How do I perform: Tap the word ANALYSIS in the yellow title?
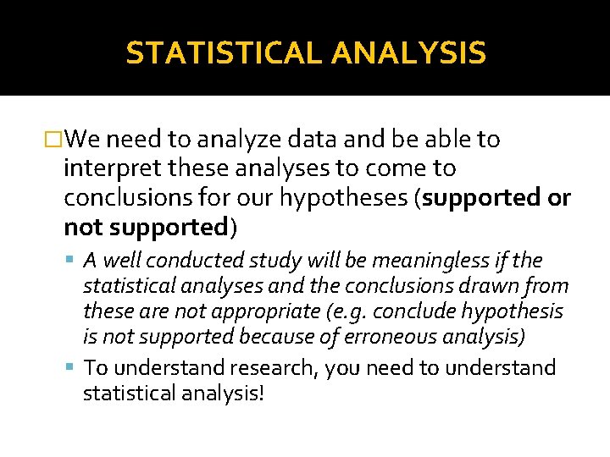pos(409,53)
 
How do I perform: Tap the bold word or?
pos(560,198)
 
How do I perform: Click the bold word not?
pos(81,227)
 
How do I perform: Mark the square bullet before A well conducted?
pos(70,261)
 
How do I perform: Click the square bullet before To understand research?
pos(70,368)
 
